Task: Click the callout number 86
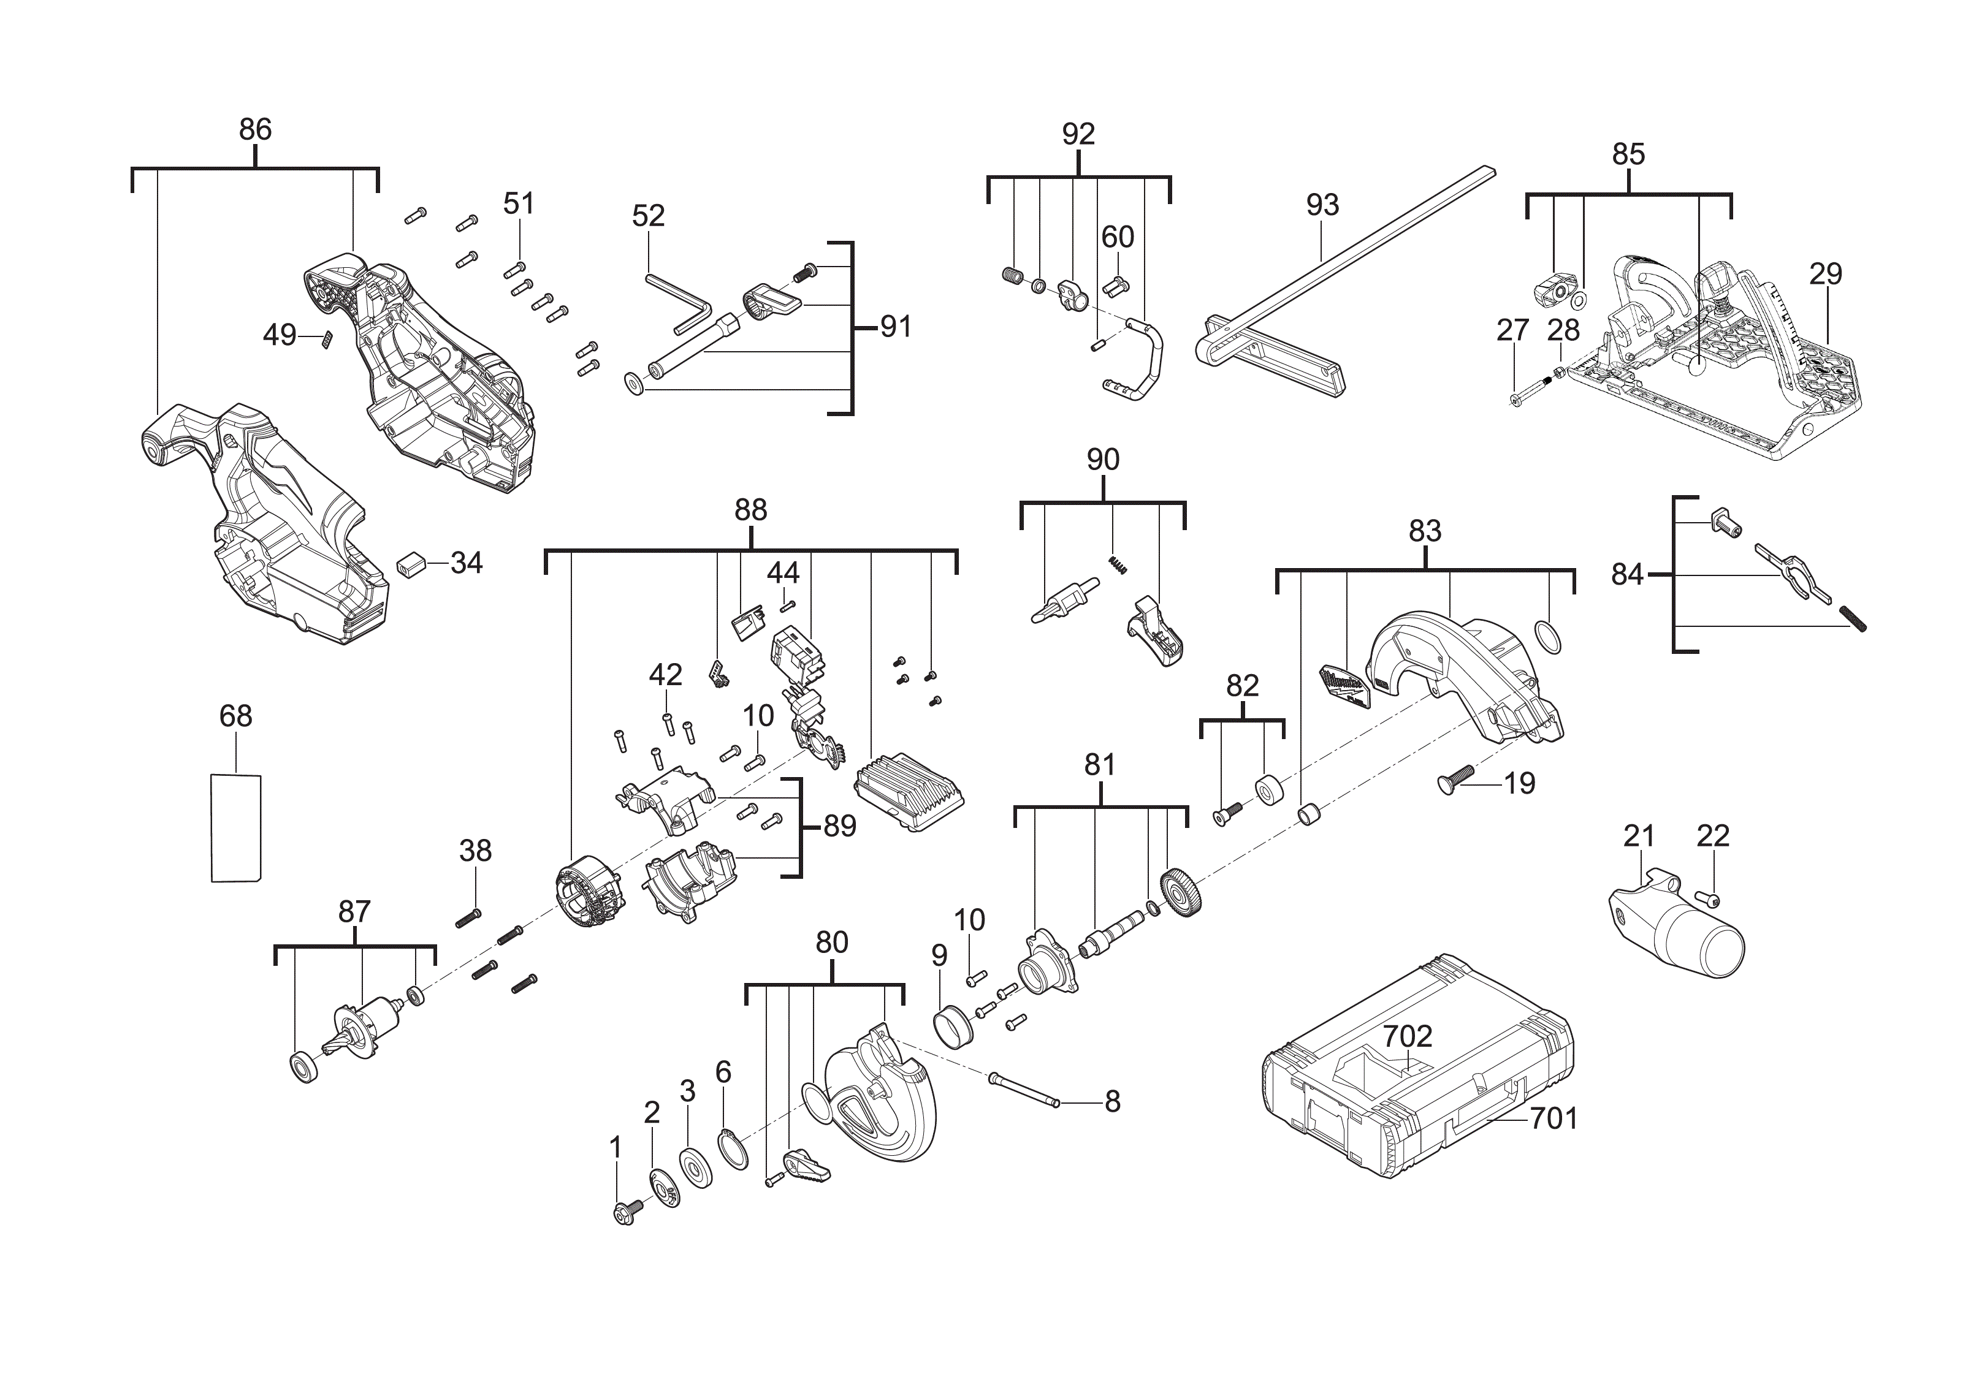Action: (255, 129)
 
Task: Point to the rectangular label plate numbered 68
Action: (236, 827)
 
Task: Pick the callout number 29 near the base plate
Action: (1825, 274)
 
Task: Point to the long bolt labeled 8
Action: (1026, 1090)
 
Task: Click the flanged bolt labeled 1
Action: (625, 1213)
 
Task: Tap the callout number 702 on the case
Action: (1408, 1037)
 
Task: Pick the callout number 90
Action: (1103, 460)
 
